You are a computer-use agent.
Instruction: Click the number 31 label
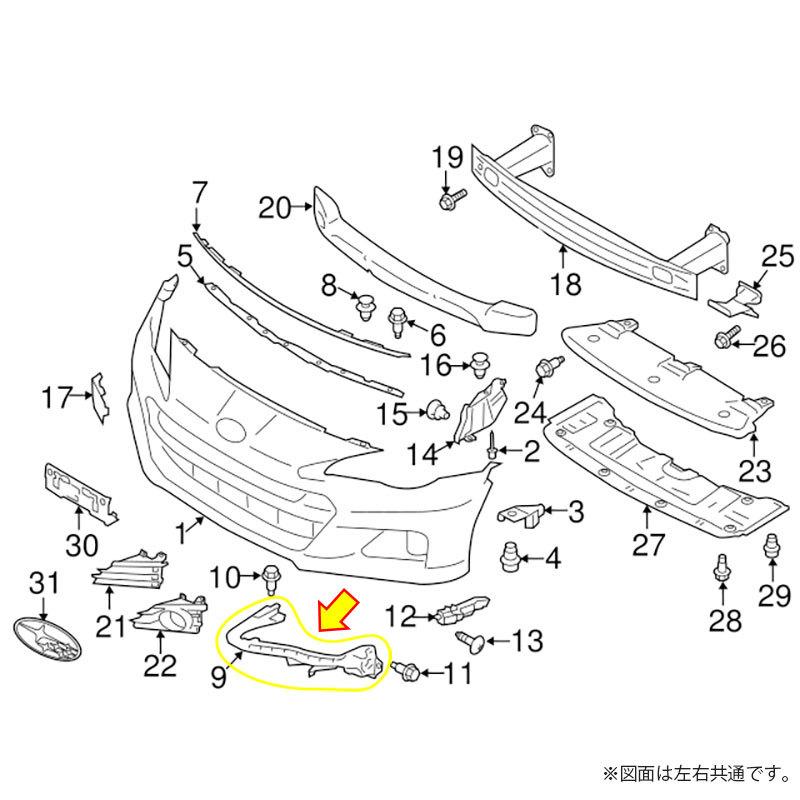click(x=44, y=580)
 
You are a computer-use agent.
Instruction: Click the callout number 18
click(x=565, y=286)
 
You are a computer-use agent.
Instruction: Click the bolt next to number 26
click(x=724, y=340)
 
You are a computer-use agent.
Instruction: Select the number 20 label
click(x=274, y=208)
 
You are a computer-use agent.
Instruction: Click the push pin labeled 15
click(x=436, y=408)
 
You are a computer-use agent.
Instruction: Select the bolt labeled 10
click(x=271, y=576)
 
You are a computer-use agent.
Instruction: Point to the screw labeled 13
click(x=468, y=637)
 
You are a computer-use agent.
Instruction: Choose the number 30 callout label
click(x=82, y=545)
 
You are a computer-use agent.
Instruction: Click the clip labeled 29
click(x=771, y=548)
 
